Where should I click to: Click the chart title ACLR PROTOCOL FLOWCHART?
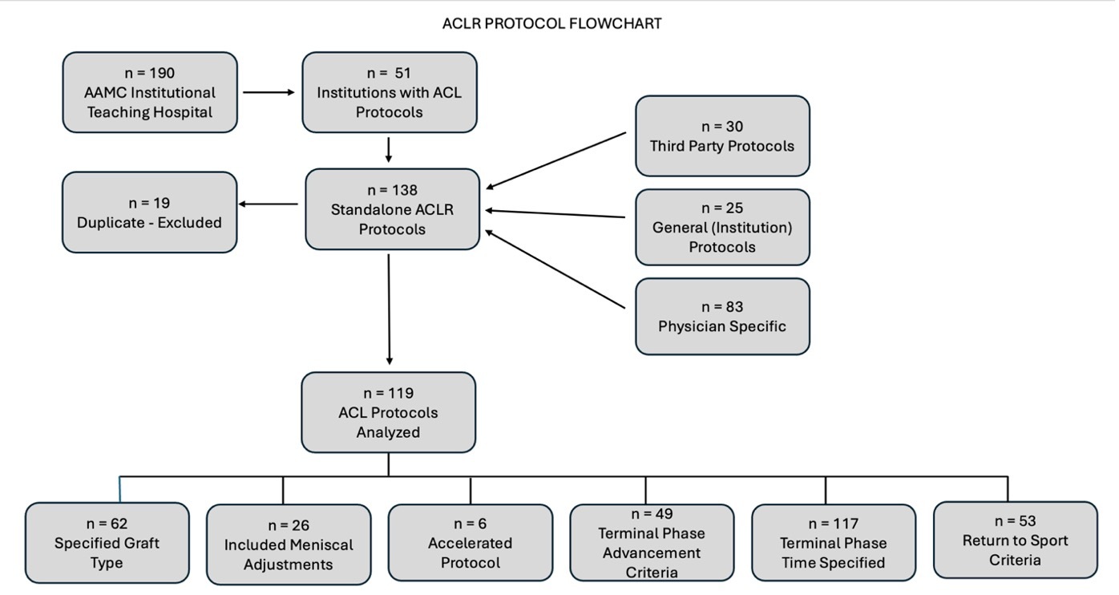coord(551,24)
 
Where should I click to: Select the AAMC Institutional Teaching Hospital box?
coord(150,92)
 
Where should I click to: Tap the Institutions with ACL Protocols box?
coord(389,92)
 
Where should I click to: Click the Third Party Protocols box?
coord(722,136)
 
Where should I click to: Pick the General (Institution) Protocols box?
coord(722,227)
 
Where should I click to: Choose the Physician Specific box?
coord(722,316)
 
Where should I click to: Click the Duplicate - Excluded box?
coord(150,212)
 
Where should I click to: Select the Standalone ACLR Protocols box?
coord(392,209)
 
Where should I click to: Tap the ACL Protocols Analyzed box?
coord(389,412)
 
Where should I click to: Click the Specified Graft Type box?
coord(107,543)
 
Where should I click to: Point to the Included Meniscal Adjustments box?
coord(289,544)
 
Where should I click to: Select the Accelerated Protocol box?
coord(471,542)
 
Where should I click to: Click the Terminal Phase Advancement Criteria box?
coord(652,542)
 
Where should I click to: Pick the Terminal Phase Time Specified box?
coord(833,542)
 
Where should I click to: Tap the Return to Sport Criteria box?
coord(1015,540)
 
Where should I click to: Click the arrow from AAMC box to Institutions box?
coord(269,92)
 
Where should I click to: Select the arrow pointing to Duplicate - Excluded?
coord(269,204)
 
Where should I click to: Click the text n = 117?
coord(833,524)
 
